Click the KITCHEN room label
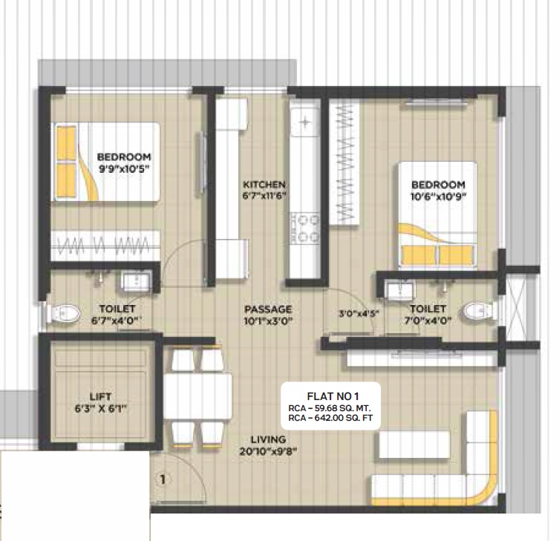[264, 185]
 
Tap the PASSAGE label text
[268, 309]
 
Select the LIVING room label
[268, 439]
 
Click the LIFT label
[100, 397]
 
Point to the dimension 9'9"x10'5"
[124, 168]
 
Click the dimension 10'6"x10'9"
[439, 197]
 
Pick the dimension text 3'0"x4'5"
[359, 314]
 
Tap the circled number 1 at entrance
[163, 479]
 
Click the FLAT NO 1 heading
[333, 396]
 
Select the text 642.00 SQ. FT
[344, 418]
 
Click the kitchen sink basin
[305, 122]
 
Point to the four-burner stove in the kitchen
[304, 228]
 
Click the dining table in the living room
[198, 396]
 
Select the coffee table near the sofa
[414, 445]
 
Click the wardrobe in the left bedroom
[105, 246]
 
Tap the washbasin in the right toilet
[400, 289]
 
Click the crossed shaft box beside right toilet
[515, 306]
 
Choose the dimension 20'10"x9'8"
[269, 451]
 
